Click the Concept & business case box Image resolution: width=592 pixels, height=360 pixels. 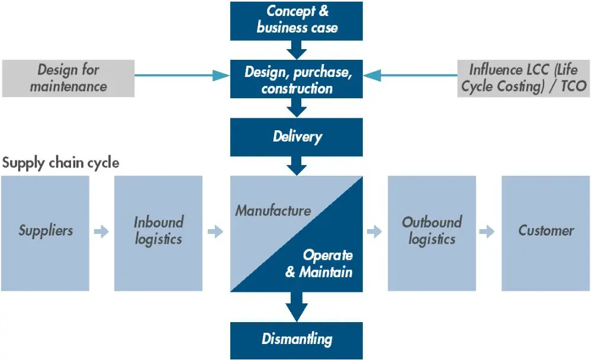(296, 20)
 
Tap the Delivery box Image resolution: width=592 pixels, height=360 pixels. (296, 137)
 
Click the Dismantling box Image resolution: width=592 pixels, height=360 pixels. (296, 339)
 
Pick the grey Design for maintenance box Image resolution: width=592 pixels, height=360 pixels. (67, 78)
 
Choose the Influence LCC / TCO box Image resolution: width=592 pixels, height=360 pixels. (524, 78)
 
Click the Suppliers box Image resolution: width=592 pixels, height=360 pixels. (45, 231)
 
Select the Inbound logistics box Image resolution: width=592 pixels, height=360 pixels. (158, 231)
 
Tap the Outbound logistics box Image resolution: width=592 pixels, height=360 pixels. (432, 231)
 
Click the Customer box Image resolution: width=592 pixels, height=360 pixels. (546, 231)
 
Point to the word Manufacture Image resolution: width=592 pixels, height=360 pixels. (273, 210)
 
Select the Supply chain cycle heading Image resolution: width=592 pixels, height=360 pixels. (60, 163)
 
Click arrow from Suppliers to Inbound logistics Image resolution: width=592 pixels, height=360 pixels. (102, 232)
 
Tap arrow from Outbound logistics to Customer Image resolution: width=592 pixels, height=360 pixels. (487, 232)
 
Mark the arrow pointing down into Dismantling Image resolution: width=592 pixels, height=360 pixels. (296, 307)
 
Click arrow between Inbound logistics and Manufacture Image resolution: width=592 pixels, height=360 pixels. (215, 232)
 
